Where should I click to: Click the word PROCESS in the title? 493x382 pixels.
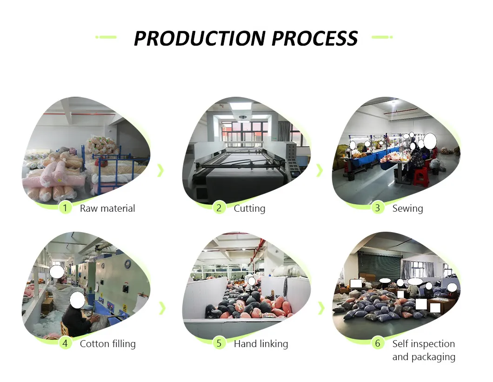pos(315,38)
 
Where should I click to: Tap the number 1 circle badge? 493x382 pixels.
pos(65,208)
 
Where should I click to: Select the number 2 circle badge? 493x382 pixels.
pos(219,208)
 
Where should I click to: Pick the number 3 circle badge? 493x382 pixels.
pos(377,208)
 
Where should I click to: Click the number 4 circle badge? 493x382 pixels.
pos(65,343)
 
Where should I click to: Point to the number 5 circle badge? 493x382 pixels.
pos(219,343)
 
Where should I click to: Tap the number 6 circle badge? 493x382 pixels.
pos(377,343)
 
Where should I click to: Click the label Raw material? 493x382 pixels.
pos(107,208)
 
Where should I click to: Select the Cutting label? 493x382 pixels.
pos(249,208)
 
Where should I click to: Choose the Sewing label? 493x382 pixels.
pos(407,208)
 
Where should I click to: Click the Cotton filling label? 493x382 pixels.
pos(107,344)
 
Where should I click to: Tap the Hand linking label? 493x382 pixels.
pos(260,344)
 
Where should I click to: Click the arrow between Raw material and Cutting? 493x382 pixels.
pos(161,170)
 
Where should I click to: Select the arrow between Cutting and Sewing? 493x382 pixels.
pos(319,170)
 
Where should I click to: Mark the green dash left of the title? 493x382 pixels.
pos(106,37)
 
